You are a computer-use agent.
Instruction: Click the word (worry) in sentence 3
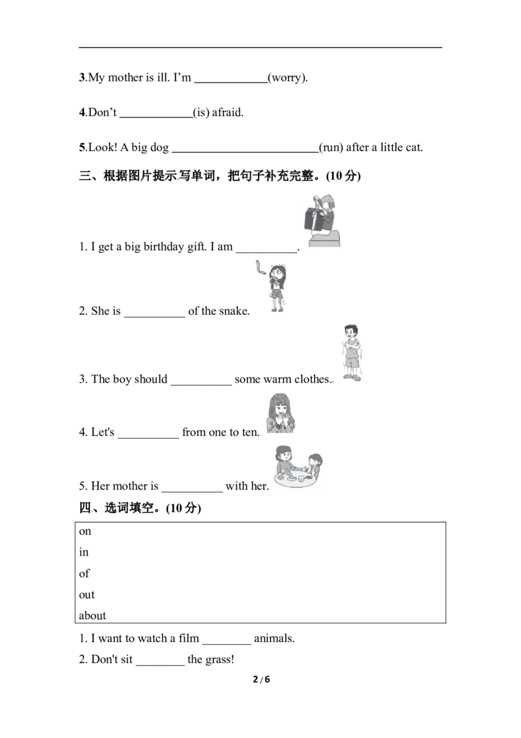tap(287, 78)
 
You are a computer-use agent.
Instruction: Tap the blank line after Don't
tap(156, 117)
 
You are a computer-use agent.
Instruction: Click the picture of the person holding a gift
tap(321, 220)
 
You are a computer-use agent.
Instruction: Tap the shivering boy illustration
tap(351, 352)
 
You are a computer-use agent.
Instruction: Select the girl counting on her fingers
tap(281, 413)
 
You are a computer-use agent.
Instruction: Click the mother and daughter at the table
tap(298, 466)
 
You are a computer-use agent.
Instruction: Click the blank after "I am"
tap(266, 252)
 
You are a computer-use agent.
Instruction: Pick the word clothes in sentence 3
tap(311, 379)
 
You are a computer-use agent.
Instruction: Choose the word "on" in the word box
tap(85, 532)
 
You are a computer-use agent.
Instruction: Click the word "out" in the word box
tap(87, 595)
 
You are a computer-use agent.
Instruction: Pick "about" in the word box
tap(92, 615)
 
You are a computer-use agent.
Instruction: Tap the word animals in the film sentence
tap(274, 639)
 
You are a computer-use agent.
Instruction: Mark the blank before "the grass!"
tap(160, 664)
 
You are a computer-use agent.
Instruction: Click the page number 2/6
tap(261, 679)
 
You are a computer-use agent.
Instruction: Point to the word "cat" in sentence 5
tap(413, 147)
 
